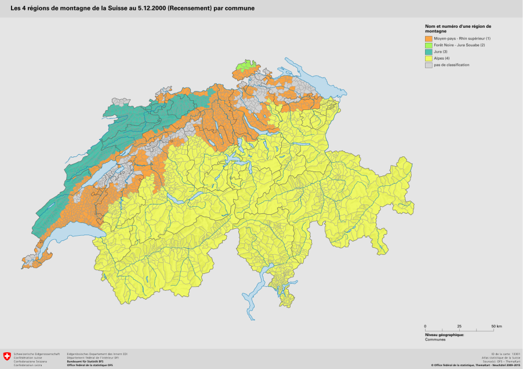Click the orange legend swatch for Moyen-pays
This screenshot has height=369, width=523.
(428, 38)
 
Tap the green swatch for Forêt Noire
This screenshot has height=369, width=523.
(428, 45)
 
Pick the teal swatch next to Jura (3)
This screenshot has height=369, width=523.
(428, 52)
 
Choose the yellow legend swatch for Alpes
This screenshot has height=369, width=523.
(428, 59)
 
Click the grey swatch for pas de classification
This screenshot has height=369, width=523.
(428, 65)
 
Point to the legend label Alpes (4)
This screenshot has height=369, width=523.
(442, 59)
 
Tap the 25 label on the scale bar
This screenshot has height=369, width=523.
(459, 327)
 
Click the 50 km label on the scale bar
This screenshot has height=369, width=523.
(496, 327)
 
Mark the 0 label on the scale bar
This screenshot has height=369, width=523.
(426, 327)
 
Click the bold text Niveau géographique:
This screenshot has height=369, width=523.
(444, 335)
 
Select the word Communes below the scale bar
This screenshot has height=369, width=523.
(435, 339)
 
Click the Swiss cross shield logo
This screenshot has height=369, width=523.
(7, 356)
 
